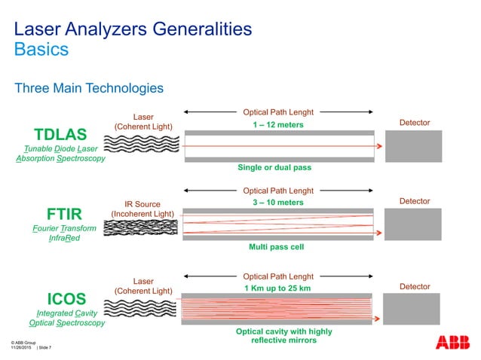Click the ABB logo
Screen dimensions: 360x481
451,342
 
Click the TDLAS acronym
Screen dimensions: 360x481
61,135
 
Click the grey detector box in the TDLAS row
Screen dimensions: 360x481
413,146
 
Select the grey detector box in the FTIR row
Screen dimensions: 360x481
413,224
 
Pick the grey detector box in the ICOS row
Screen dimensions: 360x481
413,310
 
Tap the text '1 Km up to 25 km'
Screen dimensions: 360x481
278,288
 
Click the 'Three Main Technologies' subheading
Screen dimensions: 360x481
89,89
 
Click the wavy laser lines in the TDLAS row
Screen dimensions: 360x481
142,145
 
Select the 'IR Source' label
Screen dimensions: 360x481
142,203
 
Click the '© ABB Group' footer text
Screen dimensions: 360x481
24,343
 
